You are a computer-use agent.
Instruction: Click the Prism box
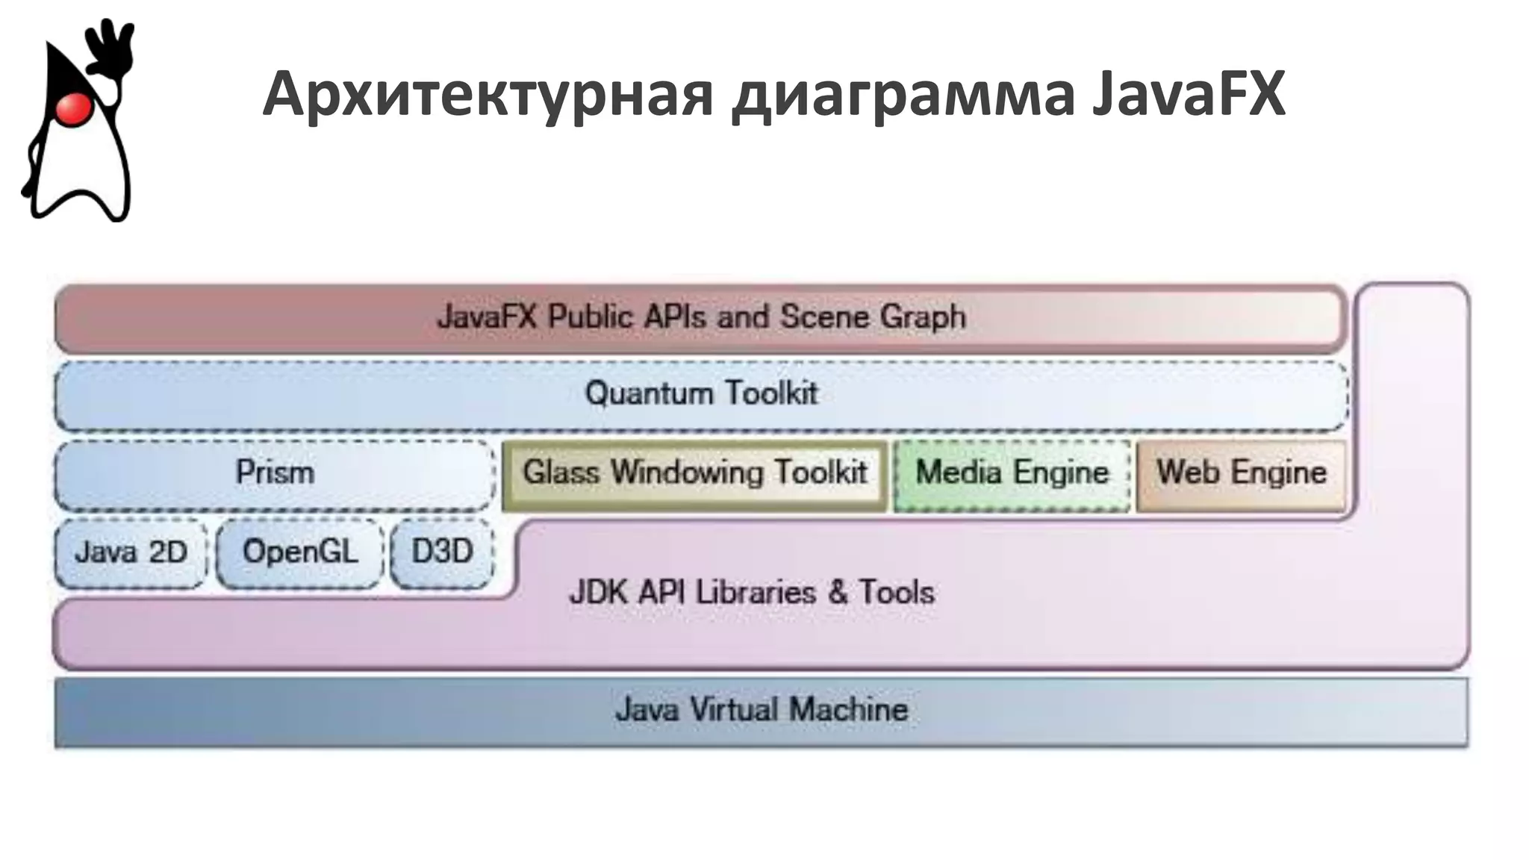(275, 473)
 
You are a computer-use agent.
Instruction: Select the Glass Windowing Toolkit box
(694, 473)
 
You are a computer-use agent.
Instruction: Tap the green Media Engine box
(1012, 473)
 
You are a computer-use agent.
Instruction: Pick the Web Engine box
(1241, 473)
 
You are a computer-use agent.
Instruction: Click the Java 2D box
(131, 552)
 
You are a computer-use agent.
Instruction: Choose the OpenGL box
(300, 552)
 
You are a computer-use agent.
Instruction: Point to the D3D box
(442, 552)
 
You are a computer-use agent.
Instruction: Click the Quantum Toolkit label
(701, 393)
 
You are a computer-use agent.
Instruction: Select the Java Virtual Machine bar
(762, 710)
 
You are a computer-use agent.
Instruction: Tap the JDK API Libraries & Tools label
(752, 593)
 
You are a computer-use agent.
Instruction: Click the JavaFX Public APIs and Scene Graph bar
(701, 317)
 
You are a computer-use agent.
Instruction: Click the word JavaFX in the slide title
(1189, 95)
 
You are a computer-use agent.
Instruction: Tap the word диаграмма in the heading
(903, 95)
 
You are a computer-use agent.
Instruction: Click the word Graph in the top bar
(923, 317)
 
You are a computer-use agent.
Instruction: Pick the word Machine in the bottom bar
(849, 710)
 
